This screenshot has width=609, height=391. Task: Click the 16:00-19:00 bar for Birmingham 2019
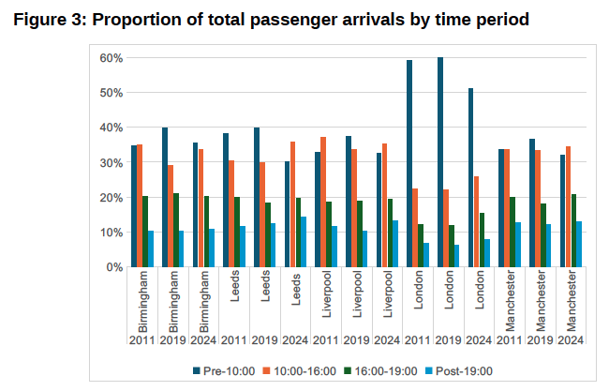click(x=176, y=231)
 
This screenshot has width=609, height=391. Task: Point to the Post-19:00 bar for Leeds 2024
click(x=304, y=242)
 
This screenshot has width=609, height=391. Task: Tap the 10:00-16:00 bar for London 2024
click(x=477, y=222)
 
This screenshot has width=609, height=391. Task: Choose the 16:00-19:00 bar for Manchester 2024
click(x=573, y=231)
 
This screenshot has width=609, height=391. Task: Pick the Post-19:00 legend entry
click(x=461, y=370)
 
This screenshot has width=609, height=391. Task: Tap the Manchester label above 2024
click(x=572, y=299)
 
